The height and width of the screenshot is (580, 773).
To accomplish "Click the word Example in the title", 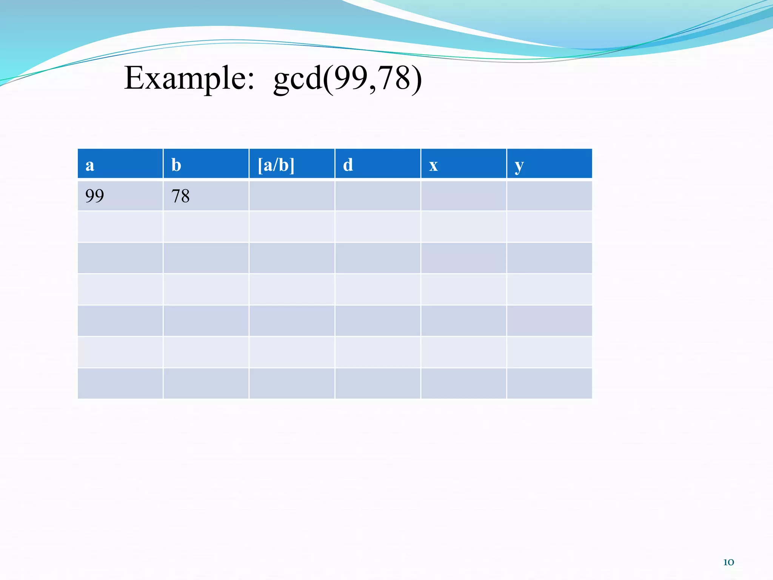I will (189, 78).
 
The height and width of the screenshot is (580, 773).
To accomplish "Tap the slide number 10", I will (728, 562).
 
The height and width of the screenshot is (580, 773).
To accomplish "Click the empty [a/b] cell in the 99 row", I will (292, 196).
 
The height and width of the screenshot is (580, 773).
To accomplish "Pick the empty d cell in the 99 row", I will (377, 196).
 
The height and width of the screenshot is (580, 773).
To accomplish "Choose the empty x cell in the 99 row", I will (463, 196).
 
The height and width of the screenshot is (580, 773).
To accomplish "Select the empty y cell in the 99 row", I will (549, 196).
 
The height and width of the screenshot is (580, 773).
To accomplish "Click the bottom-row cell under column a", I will (120, 383).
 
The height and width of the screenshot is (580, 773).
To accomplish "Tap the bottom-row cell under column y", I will (549, 383).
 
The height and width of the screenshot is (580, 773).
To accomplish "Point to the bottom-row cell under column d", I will (377, 383).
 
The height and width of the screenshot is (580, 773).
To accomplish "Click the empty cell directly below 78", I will (206, 227).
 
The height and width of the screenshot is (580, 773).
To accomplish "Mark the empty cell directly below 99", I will (120, 227).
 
